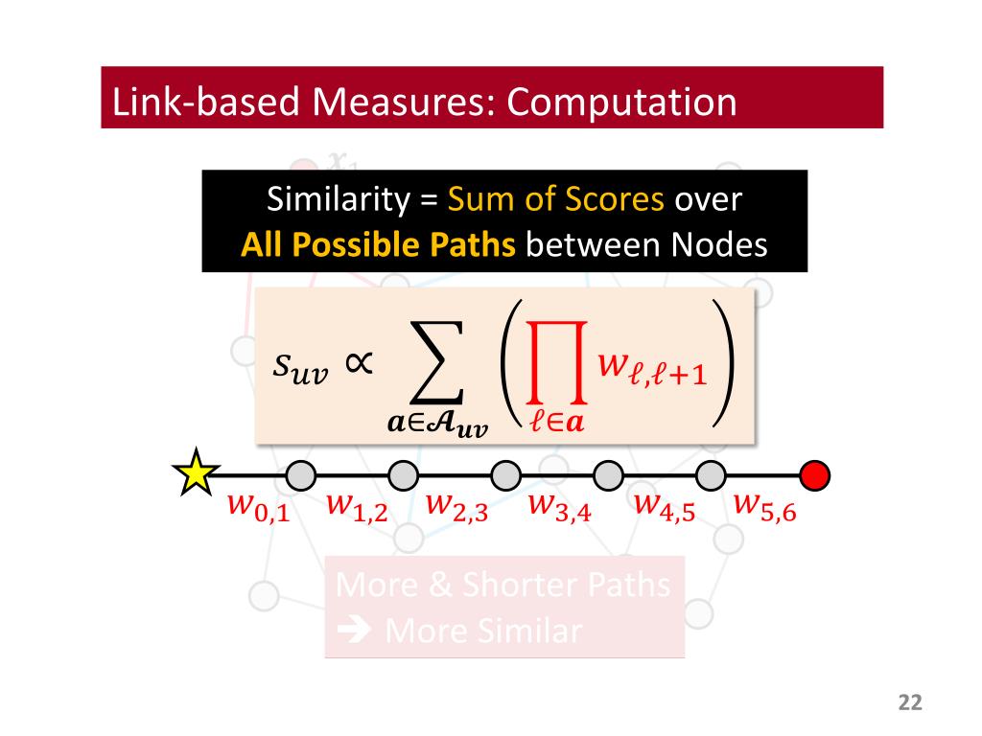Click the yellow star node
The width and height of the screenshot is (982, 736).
click(x=195, y=472)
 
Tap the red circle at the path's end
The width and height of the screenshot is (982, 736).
click(x=815, y=474)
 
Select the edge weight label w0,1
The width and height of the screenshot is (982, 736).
click(x=256, y=507)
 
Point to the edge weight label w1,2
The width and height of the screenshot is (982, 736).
click(x=357, y=507)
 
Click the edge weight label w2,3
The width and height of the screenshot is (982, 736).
click(x=456, y=507)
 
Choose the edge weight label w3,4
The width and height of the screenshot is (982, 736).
click(x=559, y=507)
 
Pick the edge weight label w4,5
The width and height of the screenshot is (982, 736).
click(x=664, y=507)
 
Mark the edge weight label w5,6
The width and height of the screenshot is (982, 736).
click(x=764, y=507)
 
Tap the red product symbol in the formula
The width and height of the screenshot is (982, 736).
click(x=554, y=364)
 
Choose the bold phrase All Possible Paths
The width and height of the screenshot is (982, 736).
click(x=378, y=245)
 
